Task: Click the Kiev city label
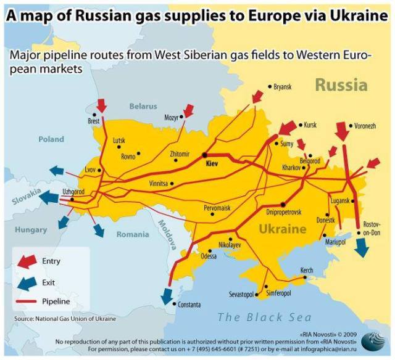(212, 164)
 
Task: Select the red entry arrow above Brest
(102, 105)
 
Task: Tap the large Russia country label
(341, 85)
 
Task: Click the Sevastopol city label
(242, 295)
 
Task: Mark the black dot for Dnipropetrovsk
(283, 204)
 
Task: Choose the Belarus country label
(143, 106)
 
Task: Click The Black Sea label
(260, 317)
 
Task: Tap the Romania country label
(133, 234)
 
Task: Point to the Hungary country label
(31, 230)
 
